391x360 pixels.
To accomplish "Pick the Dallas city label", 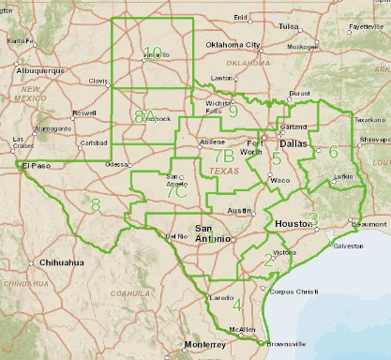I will point(293,144).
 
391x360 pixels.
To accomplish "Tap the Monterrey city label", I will point(205,345).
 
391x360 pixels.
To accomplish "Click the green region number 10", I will point(153,52).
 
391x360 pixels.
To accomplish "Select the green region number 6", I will point(333,152).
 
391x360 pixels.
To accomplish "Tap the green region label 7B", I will point(222,156).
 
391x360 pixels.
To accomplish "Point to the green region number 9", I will point(233,111).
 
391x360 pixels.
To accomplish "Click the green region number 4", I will point(237,305).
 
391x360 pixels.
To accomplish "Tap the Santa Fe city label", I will point(21,41).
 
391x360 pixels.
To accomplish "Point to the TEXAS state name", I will point(223,172).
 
